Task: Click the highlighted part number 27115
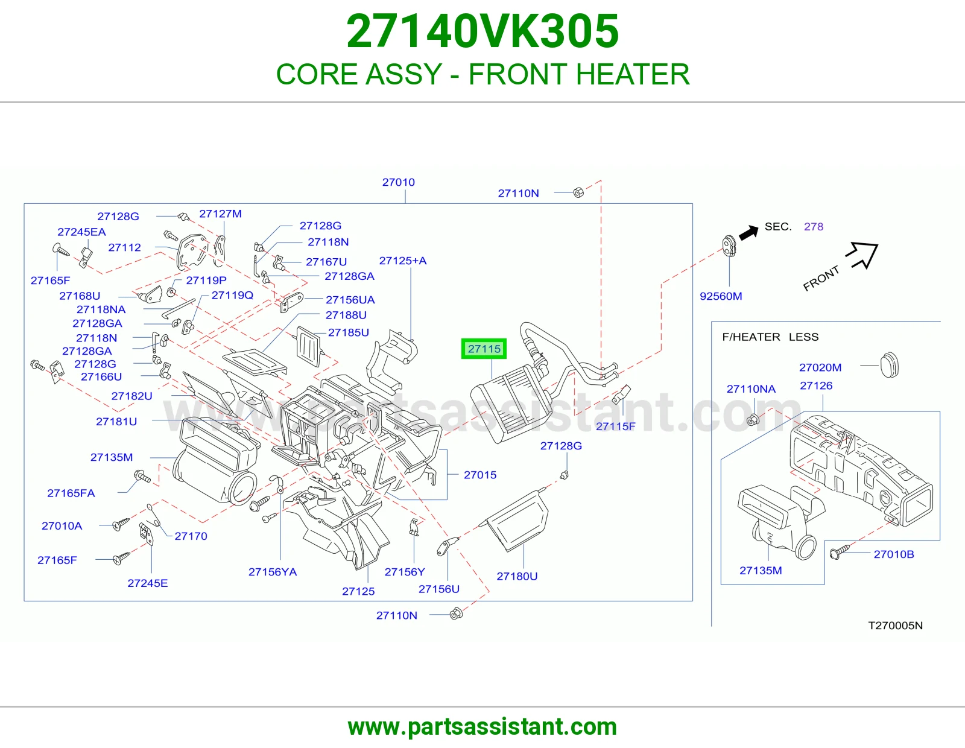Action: pos(484,349)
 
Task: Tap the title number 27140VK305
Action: pos(482,31)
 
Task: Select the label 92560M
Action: pos(721,296)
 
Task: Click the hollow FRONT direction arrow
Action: pos(862,255)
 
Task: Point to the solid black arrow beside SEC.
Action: pos(748,232)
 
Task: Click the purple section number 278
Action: pos(814,227)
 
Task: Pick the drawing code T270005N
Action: pos(895,626)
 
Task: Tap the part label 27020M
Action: pos(820,367)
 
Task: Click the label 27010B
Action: pos(894,554)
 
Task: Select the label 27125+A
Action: pos(403,261)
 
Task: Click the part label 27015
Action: pos(480,475)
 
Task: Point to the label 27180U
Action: pos(517,576)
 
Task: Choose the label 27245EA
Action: pos(81,232)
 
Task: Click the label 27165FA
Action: pos(71,493)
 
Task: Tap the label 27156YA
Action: pos(273,572)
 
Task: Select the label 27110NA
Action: pos(751,389)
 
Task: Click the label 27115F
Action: pos(616,426)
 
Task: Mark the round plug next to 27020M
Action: pos(889,365)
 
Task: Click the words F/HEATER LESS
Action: pos(770,337)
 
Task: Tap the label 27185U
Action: pos(349,333)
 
